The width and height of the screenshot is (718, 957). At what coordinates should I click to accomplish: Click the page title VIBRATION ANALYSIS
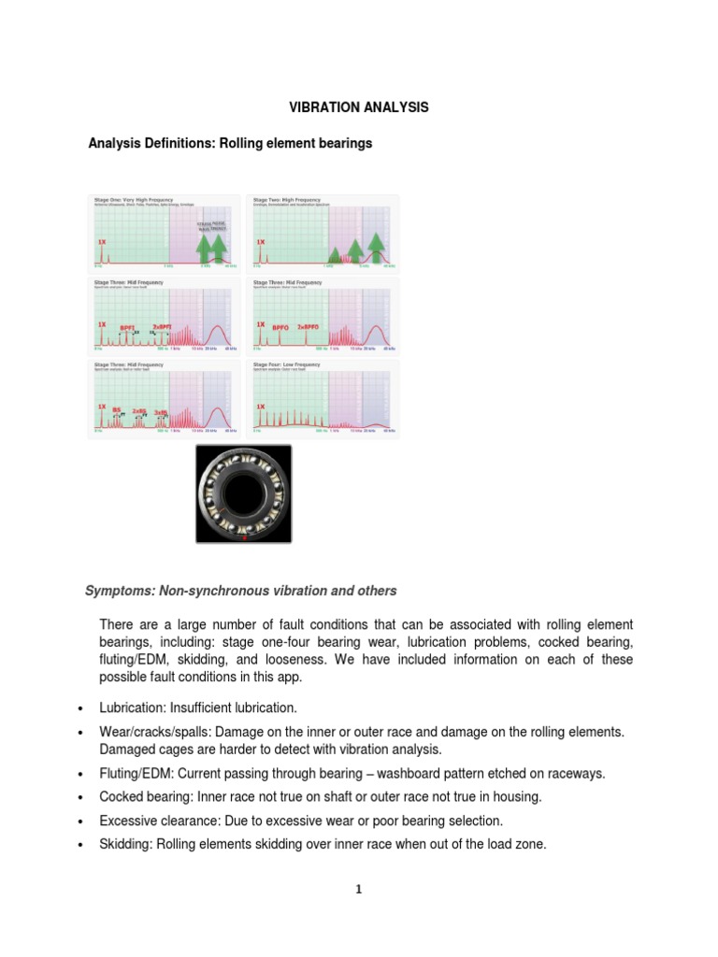pos(358,107)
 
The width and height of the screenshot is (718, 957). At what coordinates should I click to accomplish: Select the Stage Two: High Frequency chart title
pos(289,200)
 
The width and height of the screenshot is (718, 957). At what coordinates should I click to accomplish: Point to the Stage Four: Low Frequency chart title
pos(290,364)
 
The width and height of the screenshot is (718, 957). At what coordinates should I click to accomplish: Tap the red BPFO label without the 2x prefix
pos(280,327)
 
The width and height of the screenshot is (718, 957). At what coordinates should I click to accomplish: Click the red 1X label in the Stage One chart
pos(101,241)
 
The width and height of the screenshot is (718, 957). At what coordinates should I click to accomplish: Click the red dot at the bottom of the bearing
pos(244,538)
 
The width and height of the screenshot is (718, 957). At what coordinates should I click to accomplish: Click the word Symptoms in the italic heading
pos(120,591)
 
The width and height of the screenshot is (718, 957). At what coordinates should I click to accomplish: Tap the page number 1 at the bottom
pos(358,890)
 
